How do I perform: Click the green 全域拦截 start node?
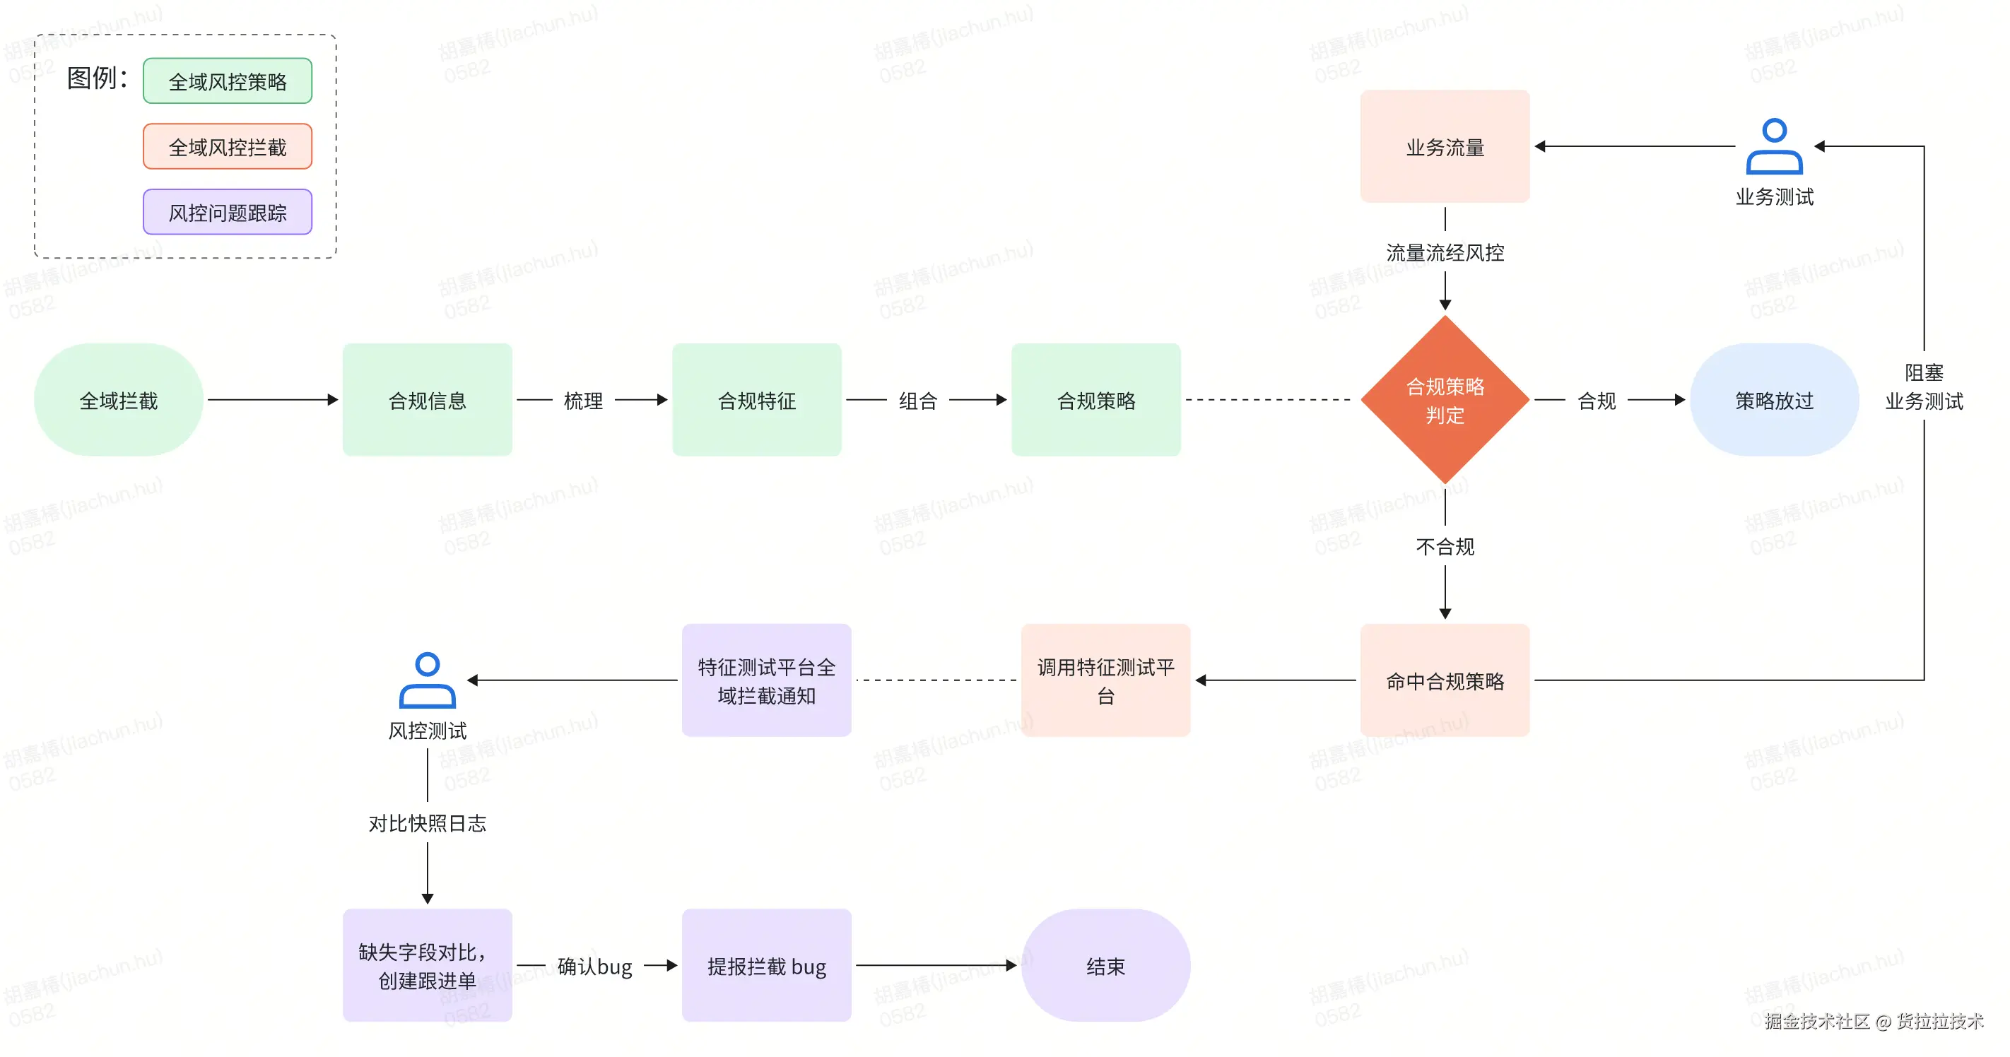pyautogui.click(x=119, y=400)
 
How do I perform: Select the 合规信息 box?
pyautogui.click(x=427, y=400)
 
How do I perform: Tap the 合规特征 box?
pyautogui.click(x=756, y=400)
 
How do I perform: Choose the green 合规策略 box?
pyautogui.click(x=1095, y=400)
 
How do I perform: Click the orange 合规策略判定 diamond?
pyautogui.click(x=1445, y=400)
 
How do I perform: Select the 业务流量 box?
pyautogui.click(x=1445, y=147)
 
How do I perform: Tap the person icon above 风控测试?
pyautogui.click(x=427, y=680)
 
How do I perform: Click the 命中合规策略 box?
pyautogui.click(x=1445, y=680)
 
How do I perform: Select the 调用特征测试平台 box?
pyautogui.click(x=1105, y=680)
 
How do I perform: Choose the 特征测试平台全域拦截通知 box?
pyautogui.click(x=766, y=680)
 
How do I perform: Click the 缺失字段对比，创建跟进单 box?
pyautogui.click(x=427, y=965)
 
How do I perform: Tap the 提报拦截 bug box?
pyautogui.click(x=766, y=965)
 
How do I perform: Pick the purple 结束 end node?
pyautogui.click(x=1105, y=965)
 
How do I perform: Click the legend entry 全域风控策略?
pyautogui.click(x=227, y=81)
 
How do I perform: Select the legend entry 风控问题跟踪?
pyautogui.click(x=227, y=212)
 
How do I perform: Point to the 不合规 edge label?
pyautogui.click(x=1445, y=547)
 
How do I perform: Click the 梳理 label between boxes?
pyautogui.click(x=583, y=401)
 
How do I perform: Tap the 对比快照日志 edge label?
pyautogui.click(x=427, y=823)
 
